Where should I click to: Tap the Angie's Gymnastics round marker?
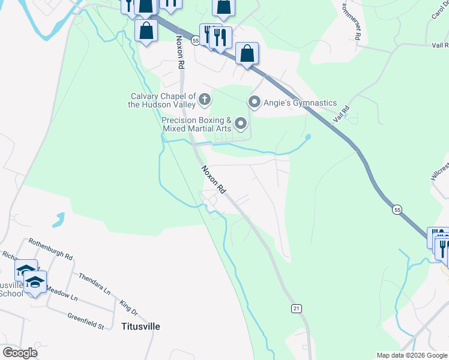tap(254, 103)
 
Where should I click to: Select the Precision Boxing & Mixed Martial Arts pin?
tap(241, 124)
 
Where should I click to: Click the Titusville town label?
tap(141, 326)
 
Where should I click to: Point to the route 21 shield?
tap(296, 308)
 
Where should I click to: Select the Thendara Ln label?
tap(94, 285)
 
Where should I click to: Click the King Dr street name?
tap(129, 308)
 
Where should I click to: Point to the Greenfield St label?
tap(86, 321)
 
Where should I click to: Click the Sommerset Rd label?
tap(350, 22)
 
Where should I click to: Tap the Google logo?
tap(20, 353)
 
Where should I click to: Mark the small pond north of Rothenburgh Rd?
tap(58, 220)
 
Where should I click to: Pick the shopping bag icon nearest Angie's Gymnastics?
tap(247, 54)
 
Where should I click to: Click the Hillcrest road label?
tap(439, 172)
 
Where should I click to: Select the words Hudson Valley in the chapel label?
tap(163, 104)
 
